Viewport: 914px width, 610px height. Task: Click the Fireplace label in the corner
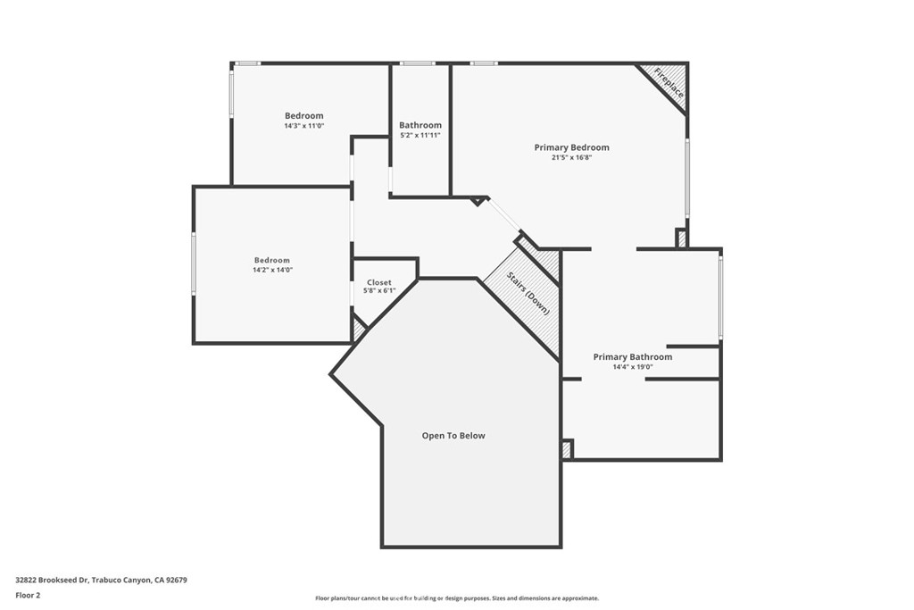(x=668, y=83)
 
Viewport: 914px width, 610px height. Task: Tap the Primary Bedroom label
(x=571, y=147)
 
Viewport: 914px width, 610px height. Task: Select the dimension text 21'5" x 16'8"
(x=571, y=157)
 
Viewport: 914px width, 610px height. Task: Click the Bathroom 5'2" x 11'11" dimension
(x=420, y=135)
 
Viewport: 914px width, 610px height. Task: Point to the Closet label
(x=378, y=282)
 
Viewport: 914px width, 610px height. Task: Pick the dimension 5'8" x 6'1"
(x=378, y=290)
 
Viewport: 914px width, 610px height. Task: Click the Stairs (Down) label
(x=528, y=293)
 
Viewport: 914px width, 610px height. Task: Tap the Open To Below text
(x=453, y=436)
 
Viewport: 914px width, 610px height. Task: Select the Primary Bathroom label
(x=633, y=357)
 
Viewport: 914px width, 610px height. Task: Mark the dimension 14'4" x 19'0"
(x=633, y=367)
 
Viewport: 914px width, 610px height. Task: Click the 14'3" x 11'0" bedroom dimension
(x=303, y=126)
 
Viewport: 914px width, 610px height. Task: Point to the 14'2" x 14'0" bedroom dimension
(x=272, y=270)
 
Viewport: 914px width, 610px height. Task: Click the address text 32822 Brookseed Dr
(x=52, y=581)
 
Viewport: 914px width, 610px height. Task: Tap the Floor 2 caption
(x=28, y=596)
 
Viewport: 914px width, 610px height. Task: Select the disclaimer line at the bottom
(x=457, y=598)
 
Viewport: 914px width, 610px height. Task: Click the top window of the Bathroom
(x=418, y=63)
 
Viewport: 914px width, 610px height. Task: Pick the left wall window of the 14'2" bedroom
(x=194, y=263)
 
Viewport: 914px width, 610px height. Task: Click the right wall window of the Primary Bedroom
(x=687, y=178)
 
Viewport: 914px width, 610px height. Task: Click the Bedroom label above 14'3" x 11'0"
(x=303, y=116)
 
